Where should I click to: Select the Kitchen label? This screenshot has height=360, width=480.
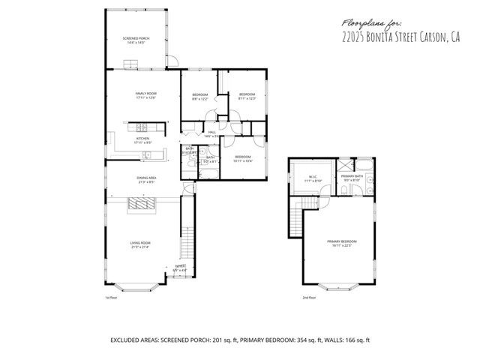[142, 139]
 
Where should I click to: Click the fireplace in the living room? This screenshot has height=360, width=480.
[140, 204]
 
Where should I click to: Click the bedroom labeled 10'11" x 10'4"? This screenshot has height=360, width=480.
[243, 157]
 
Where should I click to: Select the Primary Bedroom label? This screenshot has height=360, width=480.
[341, 241]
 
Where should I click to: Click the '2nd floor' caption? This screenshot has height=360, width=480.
[309, 298]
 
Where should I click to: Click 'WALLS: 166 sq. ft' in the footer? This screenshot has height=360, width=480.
[341, 340]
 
